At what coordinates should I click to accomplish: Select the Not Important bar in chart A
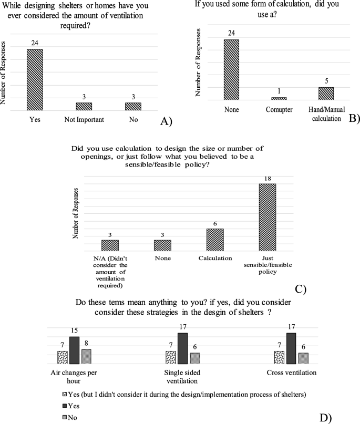coord(84,106)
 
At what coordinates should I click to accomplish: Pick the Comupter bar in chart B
coord(279,98)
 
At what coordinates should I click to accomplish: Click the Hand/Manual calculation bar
coord(326,93)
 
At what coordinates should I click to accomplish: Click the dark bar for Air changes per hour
coord(74,350)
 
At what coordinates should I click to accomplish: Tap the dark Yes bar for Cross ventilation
coord(291,348)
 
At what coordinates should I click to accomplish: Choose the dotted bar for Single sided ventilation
coord(170,357)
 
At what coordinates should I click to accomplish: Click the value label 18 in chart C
coord(268,179)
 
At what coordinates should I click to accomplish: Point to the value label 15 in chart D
coord(74,332)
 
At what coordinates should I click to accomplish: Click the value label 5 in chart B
coord(326,82)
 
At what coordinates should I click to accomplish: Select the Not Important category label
coord(84,119)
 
